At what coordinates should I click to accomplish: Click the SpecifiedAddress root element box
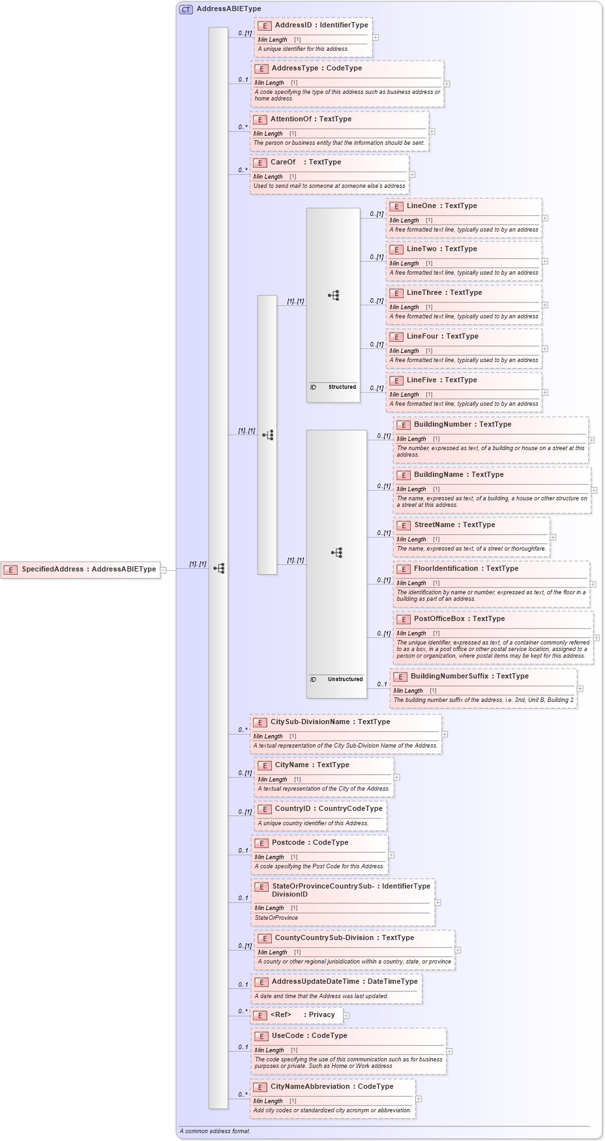81,570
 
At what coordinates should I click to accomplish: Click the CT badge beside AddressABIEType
186,9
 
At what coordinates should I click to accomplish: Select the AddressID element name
293,25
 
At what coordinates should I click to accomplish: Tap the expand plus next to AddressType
447,84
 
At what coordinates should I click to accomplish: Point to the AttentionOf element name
291,119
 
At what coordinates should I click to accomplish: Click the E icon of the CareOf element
260,163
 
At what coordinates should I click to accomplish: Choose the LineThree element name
424,293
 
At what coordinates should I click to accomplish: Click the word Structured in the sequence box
342,388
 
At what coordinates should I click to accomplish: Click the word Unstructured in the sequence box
345,680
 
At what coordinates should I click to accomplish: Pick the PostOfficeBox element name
439,619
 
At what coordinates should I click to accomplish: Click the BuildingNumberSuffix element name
449,677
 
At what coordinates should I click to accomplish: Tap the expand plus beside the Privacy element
346,1016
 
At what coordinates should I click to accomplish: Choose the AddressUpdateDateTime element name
316,982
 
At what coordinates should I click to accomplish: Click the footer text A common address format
215,1131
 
